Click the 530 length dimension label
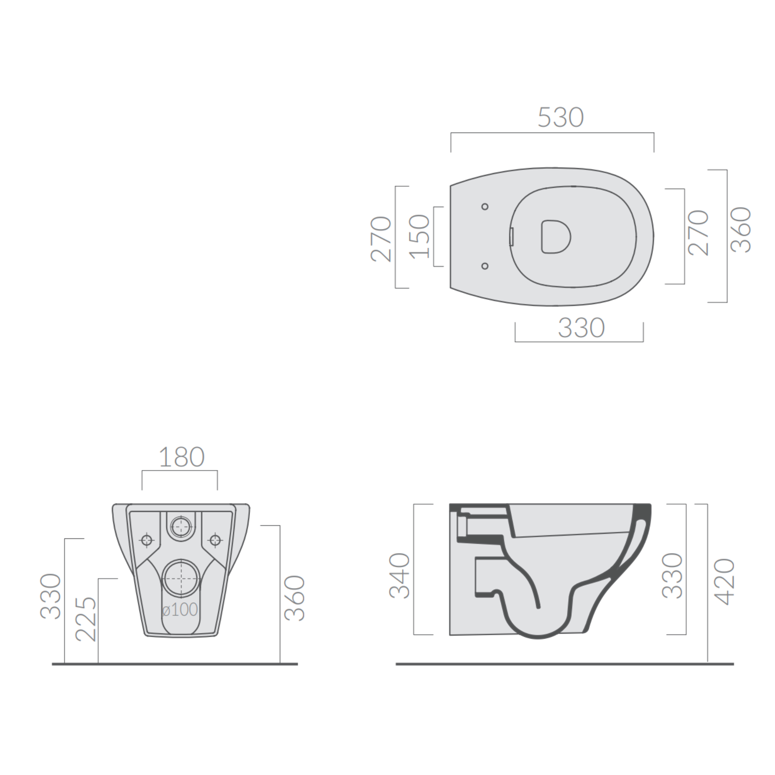(561, 118)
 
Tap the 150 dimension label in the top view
(420, 236)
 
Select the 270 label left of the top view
(381, 239)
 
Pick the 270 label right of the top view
(698, 232)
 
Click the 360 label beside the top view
(741, 229)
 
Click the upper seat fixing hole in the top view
(485, 207)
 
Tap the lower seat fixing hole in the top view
(485, 266)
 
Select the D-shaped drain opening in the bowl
(556, 237)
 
